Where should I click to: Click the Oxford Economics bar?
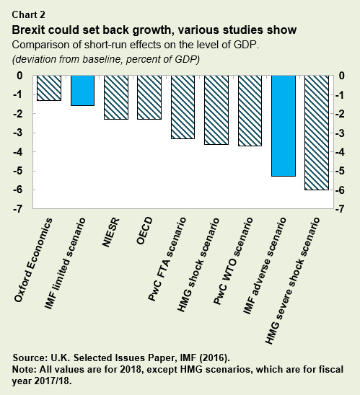click(49, 88)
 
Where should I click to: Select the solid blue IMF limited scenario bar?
click(82, 91)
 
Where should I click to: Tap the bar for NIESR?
click(116, 97)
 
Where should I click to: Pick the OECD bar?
click(149, 97)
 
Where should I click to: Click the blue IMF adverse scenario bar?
click(284, 125)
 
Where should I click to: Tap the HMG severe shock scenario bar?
click(317, 133)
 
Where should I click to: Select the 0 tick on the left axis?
click(21, 76)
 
